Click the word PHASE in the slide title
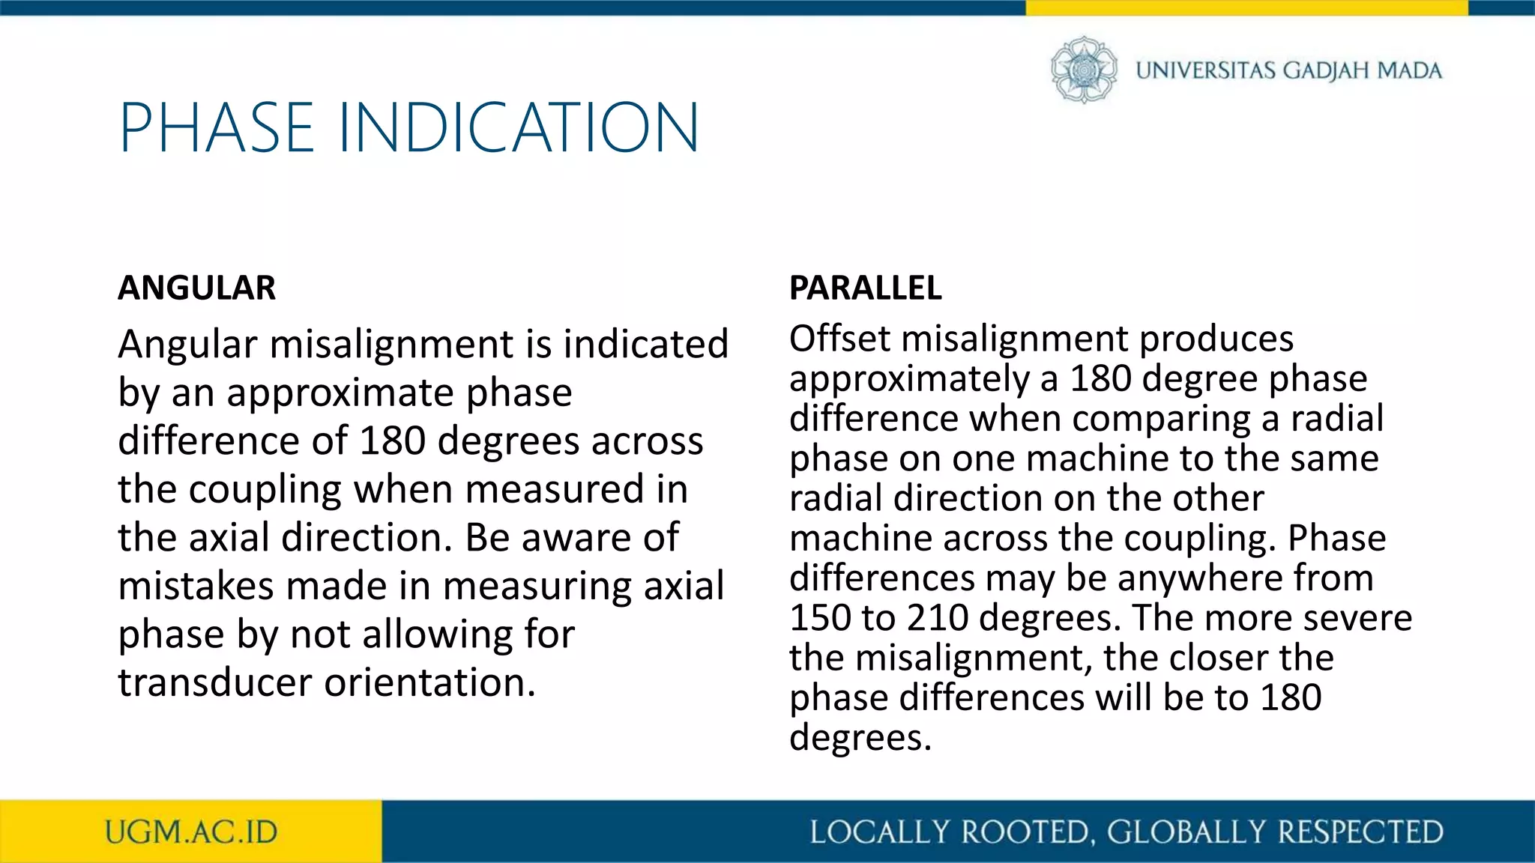[x=216, y=128]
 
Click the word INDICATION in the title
[x=519, y=128]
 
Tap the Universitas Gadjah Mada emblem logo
[x=1083, y=70]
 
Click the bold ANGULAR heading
[x=196, y=288]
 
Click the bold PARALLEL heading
[x=865, y=288]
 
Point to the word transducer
[x=214, y=682]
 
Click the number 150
[x=819, y=618]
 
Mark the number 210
[x=937, y=618]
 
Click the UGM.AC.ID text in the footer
[x=191, y=832]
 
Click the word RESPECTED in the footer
[x=1360, y=832]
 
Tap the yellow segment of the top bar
[x=1246, y=7]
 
